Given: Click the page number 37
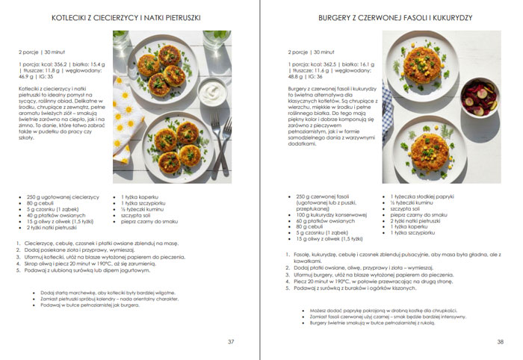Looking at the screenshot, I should (231, 341).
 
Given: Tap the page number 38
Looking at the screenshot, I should (500, 341).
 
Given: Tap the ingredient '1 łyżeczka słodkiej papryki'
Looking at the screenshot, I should (424, 196).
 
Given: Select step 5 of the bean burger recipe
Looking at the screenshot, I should (363, 287).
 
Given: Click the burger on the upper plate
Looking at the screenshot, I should (423, 67).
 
